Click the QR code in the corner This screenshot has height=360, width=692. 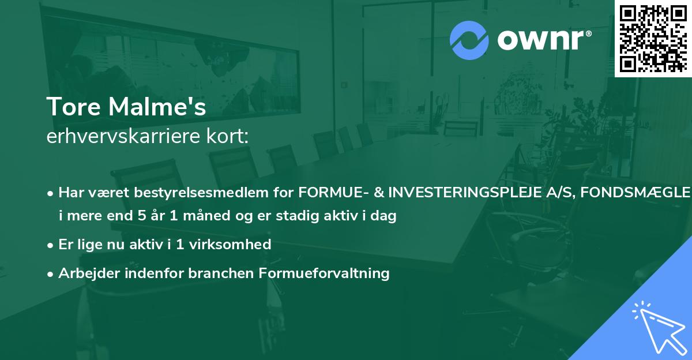(653, 38)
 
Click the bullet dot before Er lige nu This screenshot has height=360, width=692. (51, 245)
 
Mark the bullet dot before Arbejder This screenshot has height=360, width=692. (51, 273)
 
